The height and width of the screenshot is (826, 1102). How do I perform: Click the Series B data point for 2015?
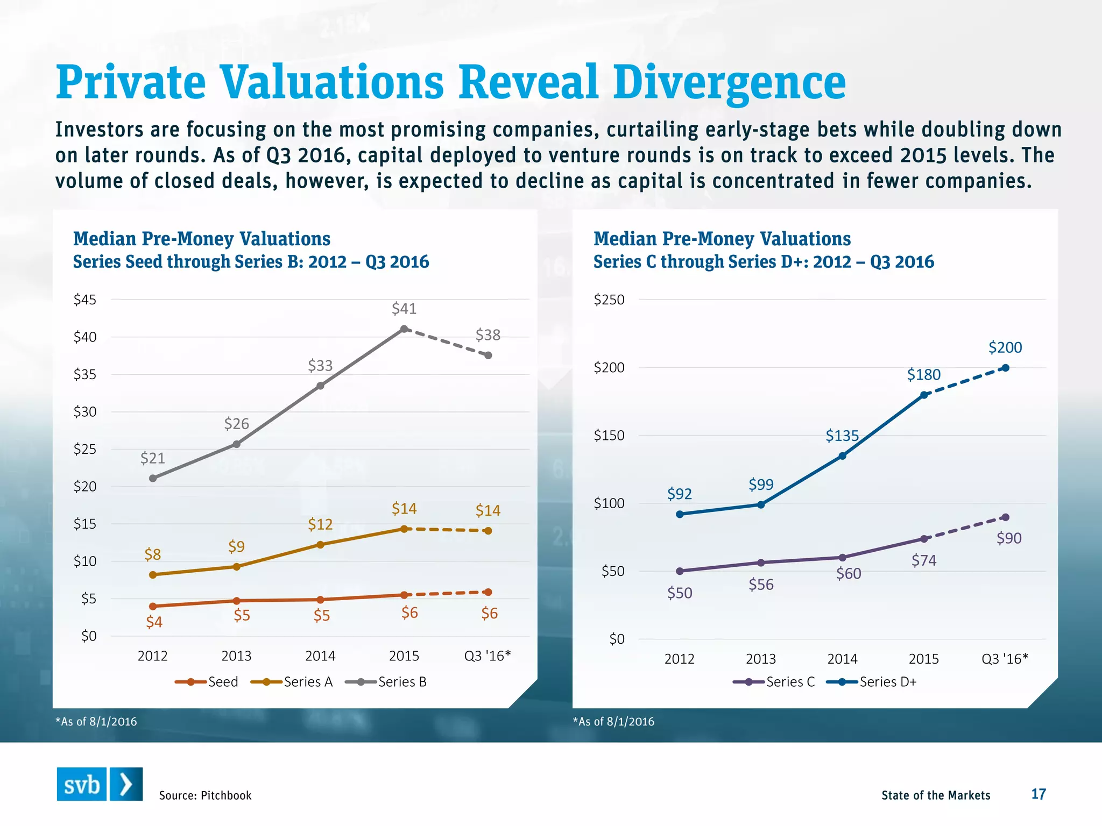tap(404, 329)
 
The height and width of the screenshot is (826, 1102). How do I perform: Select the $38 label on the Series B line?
tap(488, 335)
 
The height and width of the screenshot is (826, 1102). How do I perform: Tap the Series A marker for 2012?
tap(153, 575)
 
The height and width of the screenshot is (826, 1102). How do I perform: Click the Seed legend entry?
tap(207, 682)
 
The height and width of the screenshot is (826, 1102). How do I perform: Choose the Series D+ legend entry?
tap(872, 682)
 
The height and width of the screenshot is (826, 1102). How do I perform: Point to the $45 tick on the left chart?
tap(85, 300)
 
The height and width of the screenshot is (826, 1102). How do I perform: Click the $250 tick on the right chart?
tap(609, 300)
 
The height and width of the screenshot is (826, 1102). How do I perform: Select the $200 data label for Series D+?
tap(1005, 347)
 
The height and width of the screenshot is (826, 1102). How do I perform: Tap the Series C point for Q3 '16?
tap(1005, 517)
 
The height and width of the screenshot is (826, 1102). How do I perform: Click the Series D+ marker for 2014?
tap(843, 456)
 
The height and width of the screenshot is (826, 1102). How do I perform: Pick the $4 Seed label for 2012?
tap(154, 622)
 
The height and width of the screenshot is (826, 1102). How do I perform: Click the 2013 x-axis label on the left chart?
tap(236, 656)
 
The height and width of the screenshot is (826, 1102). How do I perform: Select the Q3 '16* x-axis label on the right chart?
tap(1005, 659)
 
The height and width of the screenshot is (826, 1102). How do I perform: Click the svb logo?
tap(100, 784)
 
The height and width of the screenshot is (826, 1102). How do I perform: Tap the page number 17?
tap(1038, 794)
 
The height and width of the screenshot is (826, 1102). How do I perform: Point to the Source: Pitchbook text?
tap(205, 795)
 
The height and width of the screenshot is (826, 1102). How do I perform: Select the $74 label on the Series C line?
tap(924, 561)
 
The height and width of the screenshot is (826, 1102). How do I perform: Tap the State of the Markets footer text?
tap(936, 795)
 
